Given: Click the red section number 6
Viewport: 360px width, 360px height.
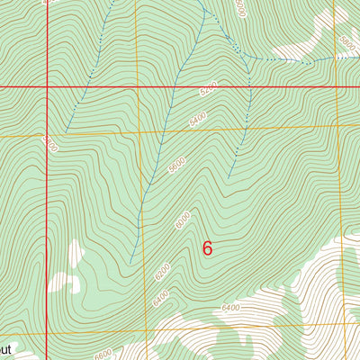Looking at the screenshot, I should tap(208, 248).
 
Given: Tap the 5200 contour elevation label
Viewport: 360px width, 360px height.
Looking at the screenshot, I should tap(209, 92).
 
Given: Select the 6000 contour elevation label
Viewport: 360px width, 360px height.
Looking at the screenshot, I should tap(184, 219).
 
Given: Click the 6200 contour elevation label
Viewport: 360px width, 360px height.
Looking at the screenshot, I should tap(161, 268).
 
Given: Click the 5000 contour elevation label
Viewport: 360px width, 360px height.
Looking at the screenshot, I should tap(238, 9).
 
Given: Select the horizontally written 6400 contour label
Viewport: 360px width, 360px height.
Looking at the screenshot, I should tap(230, 308).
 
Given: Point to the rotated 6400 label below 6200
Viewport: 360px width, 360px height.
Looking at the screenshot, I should tap(161, 294).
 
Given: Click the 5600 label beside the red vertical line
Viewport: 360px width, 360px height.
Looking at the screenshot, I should tap(49, 145).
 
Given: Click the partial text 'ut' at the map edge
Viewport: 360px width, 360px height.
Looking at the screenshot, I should tap(5, 346).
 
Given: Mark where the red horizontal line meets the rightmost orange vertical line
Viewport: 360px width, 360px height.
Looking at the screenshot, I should tap(335, 86).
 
